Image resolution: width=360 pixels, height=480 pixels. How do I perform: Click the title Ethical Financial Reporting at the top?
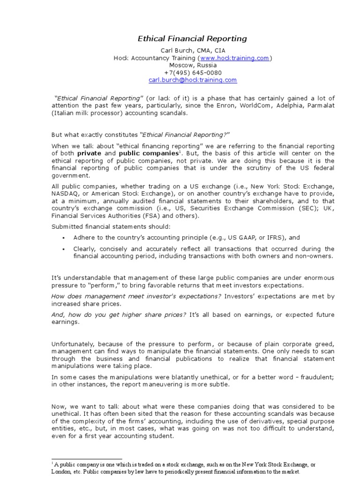coord(192,39)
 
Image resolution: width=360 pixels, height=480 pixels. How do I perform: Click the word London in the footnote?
coord(62,472)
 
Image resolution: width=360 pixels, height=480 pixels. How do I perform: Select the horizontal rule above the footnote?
coord(87,459)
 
